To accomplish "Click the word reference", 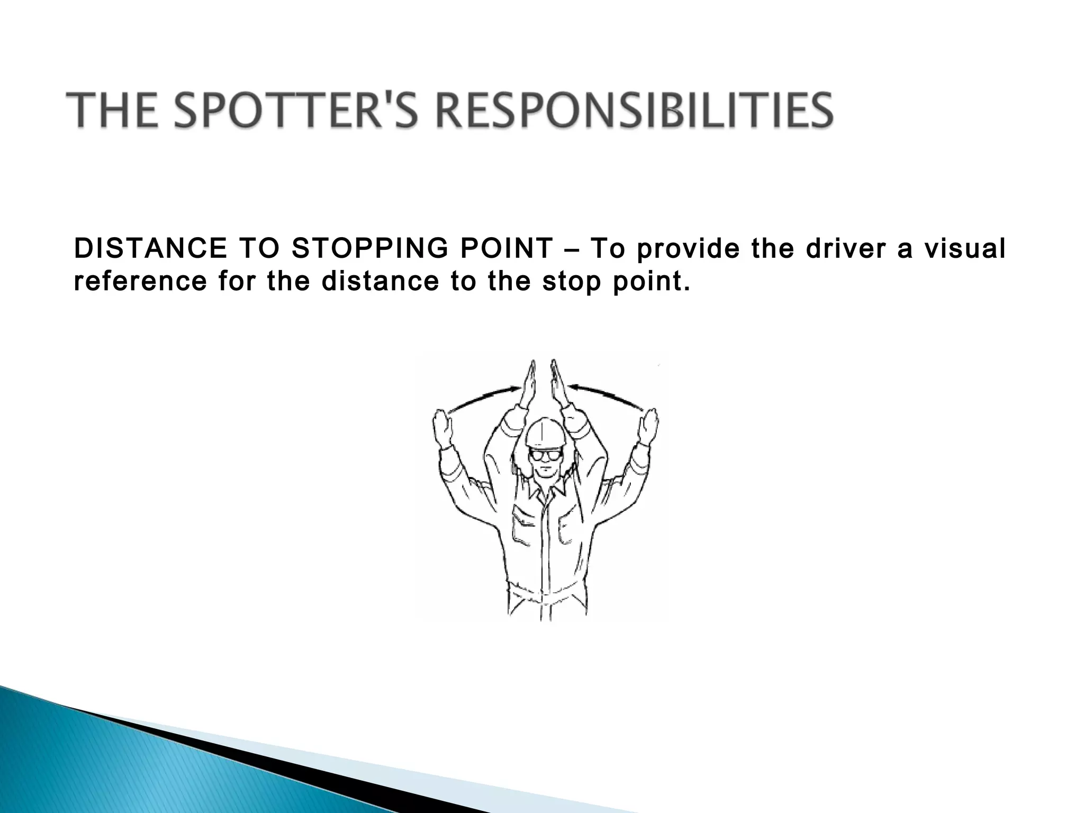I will coord(140,281).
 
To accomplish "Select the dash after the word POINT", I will coord(572,249).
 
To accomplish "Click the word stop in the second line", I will coord(572,281).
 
